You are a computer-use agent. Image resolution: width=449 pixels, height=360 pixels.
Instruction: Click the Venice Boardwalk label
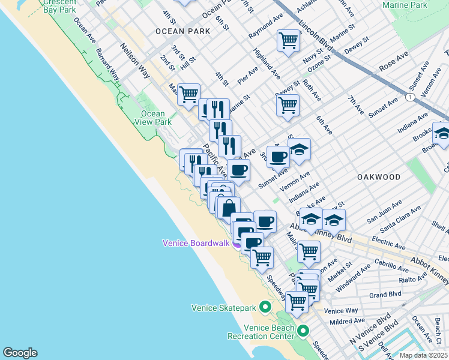[x=197, y=243]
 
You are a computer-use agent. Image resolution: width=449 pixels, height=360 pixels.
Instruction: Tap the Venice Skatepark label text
[x=224, y=308]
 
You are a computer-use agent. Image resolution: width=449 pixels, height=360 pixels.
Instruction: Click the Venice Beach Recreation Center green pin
[x=303, y=331]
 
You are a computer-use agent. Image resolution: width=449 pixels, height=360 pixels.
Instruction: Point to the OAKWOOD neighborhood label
[x=378, y=177]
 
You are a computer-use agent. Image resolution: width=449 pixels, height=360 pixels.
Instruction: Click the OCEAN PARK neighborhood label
[x=182, y=31]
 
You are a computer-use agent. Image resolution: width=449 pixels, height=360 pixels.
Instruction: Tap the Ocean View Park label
[x=152, y=118]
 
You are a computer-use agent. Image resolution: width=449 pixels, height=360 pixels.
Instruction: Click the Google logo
[x=20, y=353]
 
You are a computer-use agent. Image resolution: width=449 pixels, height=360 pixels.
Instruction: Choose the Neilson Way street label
[x=134, y=61]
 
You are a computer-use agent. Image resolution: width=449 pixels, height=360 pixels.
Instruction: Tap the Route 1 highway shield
[x=409, y=97]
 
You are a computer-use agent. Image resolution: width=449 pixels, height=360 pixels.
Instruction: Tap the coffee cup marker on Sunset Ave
[x=278, y=157]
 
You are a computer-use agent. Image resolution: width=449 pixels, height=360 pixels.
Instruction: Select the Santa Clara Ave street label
[x=393, y=224]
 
